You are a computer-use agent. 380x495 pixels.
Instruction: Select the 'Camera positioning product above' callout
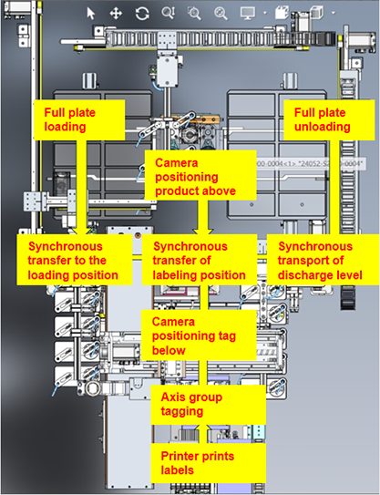coord(195,176)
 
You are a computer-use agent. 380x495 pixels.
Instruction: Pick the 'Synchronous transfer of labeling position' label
coord(199,260)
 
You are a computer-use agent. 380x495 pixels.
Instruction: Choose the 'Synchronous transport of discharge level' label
coord(314,261)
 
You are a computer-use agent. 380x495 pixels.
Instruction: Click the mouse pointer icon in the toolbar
coord(90,14)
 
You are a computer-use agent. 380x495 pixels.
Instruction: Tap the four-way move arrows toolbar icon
coord(116,14)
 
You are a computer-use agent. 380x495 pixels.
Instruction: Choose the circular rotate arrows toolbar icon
coord(142,14)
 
